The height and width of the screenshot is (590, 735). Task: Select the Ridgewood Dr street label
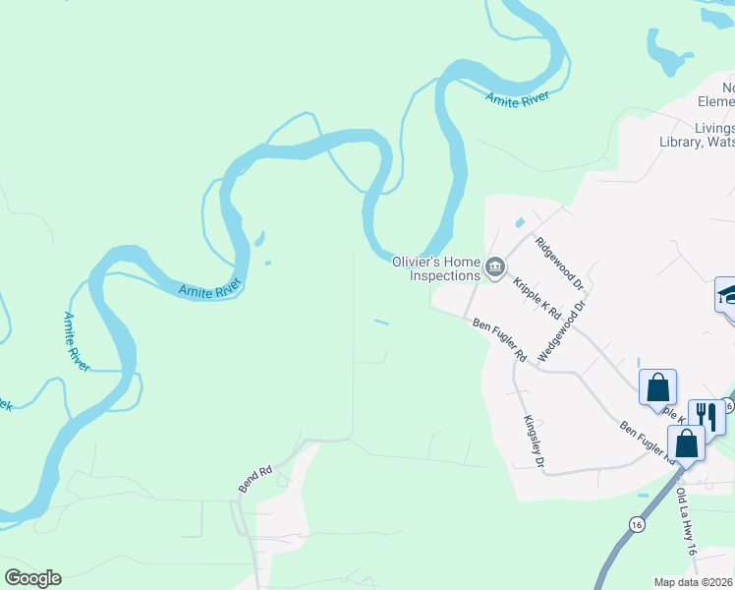(560, 263)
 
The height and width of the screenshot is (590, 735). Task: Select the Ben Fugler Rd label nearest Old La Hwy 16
(646, 442)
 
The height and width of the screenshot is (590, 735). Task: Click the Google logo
(32, 578)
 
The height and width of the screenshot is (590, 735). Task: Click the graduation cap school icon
(727, 294)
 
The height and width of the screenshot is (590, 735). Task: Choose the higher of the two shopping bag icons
(656, 386)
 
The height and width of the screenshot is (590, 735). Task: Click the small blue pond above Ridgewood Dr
(519, 223)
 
